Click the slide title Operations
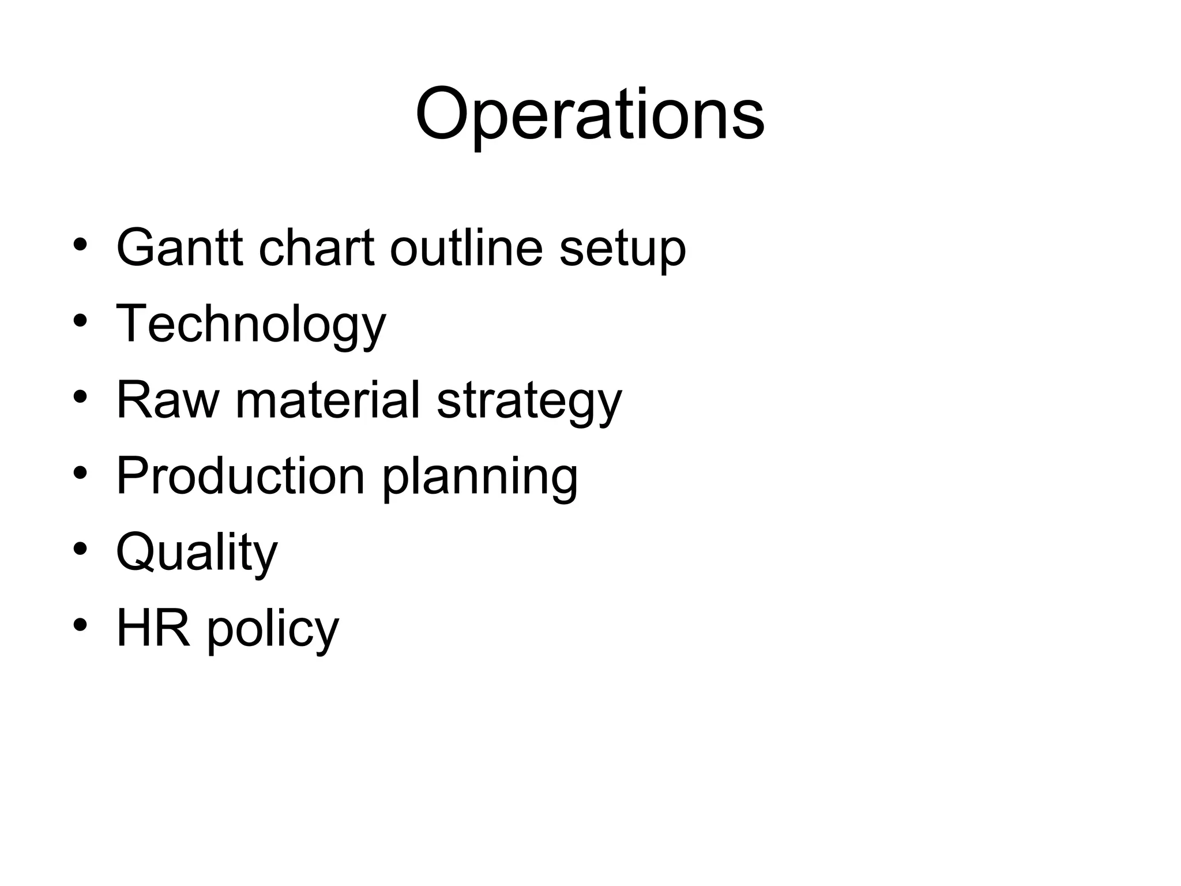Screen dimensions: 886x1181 coord(589,115)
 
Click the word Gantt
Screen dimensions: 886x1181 coord(179,247)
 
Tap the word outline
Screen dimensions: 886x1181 coord(466,247)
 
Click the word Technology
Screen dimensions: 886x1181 coord(251,324)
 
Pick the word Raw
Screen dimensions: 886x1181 coord(168,400)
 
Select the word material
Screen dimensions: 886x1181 coord(328,400)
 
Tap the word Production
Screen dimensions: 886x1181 coord(240,476)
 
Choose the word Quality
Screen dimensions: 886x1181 coord(197,553)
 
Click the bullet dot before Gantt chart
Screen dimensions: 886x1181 coord(80,245)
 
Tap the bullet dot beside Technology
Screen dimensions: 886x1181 coord(80,321)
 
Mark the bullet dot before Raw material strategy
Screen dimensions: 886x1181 coord(80,397)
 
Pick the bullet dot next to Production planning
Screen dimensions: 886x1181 coord(80,473)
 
